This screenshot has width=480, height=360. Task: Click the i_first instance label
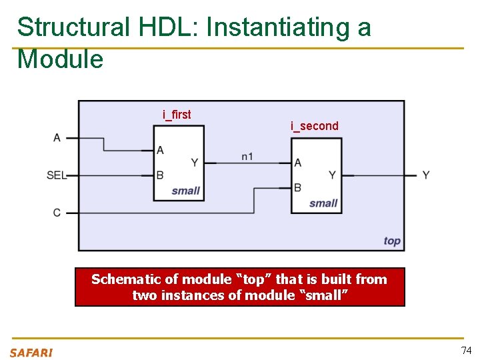[177, 115]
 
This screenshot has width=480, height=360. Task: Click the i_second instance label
[314, 126]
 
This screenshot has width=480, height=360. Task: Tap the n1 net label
[247, 157]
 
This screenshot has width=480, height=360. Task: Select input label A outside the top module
[57, 138]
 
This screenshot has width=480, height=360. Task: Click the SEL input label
[56, 175]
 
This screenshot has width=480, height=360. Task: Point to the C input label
[57, 213]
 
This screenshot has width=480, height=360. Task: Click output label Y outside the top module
[426, 175]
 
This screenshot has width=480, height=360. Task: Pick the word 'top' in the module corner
[392, 241]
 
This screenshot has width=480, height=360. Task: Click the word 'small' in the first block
[185, 191]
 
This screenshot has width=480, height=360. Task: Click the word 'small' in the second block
[323, 203]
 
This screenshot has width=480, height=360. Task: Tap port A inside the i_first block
[160, 151]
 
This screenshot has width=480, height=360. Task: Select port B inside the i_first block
[160, 175]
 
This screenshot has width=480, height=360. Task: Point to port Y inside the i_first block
[194, 163]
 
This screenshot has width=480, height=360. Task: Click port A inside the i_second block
[298, 163]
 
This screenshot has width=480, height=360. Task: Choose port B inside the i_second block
[298, 187]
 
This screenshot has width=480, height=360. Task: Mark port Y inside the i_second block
[332, 175]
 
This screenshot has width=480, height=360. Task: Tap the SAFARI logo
[31, 353]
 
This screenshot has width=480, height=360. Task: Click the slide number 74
[466, 351]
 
